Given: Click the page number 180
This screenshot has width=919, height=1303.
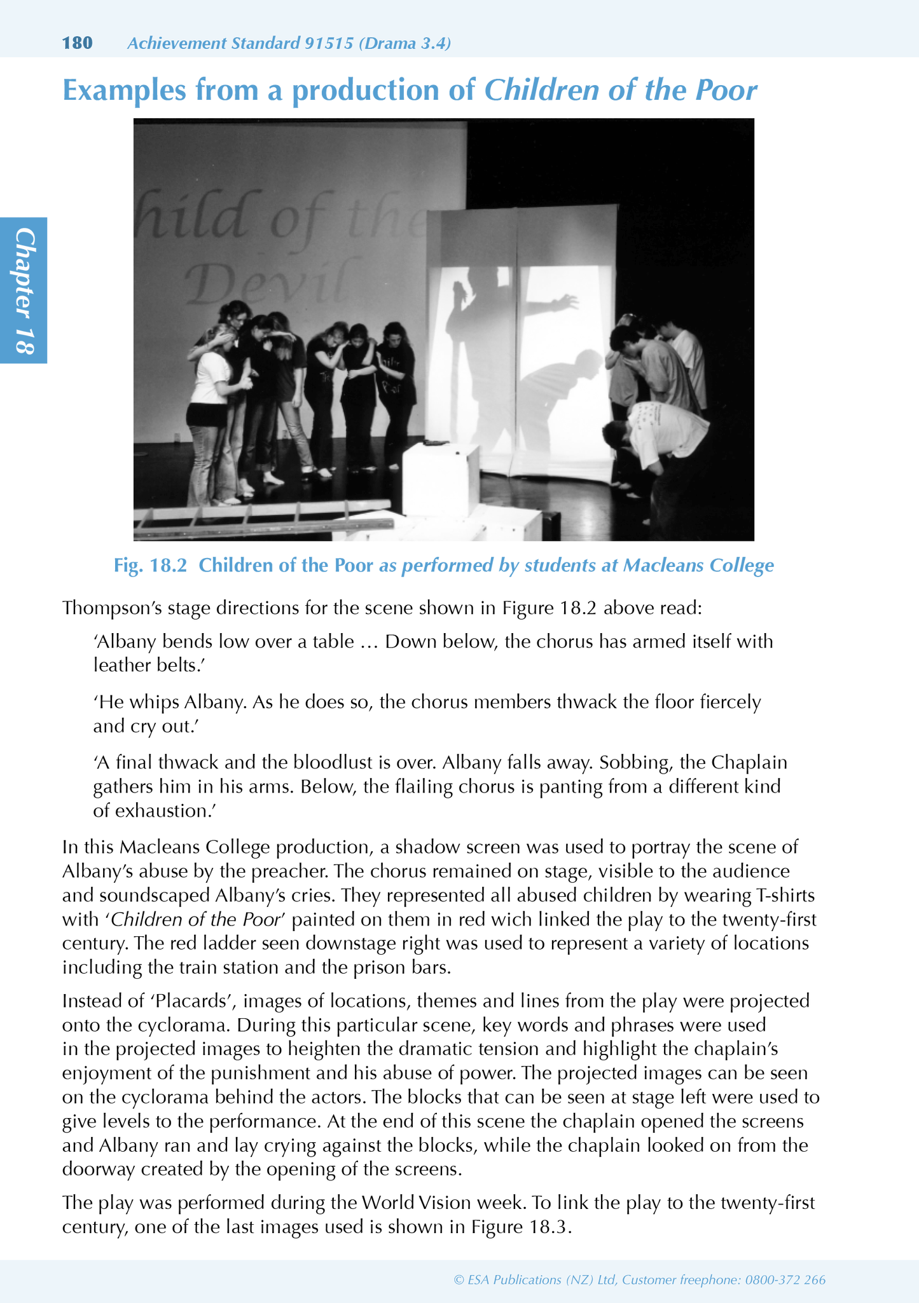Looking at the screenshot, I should click(x=77, y=43).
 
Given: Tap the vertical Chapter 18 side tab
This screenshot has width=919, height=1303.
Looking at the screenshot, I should click(x=24, y=290).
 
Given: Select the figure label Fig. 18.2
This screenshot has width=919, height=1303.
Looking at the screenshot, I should click(x=150, y=565).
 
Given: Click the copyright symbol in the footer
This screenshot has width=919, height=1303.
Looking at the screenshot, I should click(x=459, y=1279).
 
